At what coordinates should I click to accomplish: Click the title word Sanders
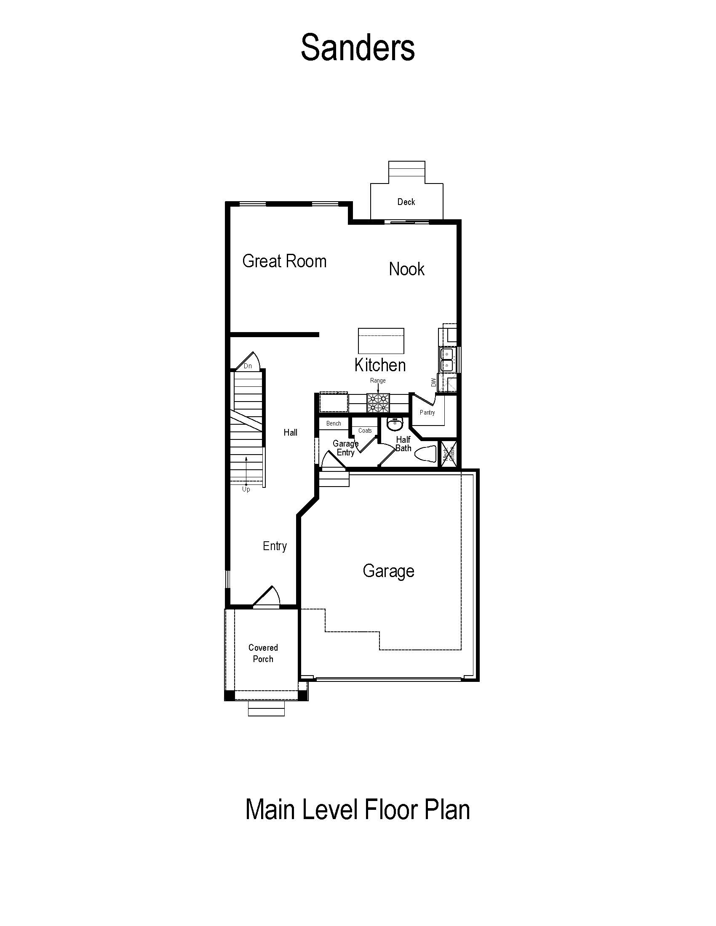358,48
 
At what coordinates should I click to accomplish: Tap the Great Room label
284,261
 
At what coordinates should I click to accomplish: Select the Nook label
406,269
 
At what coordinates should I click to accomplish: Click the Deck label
406,202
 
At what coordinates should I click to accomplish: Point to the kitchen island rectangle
381,341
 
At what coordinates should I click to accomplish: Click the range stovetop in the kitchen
378,403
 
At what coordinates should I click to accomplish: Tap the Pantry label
427,412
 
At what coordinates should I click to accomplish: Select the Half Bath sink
395,423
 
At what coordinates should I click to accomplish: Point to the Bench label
334,423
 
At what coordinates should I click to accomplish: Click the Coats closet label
365,430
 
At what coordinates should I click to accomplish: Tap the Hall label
290,432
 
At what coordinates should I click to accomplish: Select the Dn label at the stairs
248,366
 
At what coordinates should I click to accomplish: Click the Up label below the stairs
246,489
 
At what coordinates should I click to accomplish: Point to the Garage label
388,571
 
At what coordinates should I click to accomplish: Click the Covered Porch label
263,653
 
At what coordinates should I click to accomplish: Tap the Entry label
275,546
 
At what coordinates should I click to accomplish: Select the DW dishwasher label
433,383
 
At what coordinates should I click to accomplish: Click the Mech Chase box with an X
449,454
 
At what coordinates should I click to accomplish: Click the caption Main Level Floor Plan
358,809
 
